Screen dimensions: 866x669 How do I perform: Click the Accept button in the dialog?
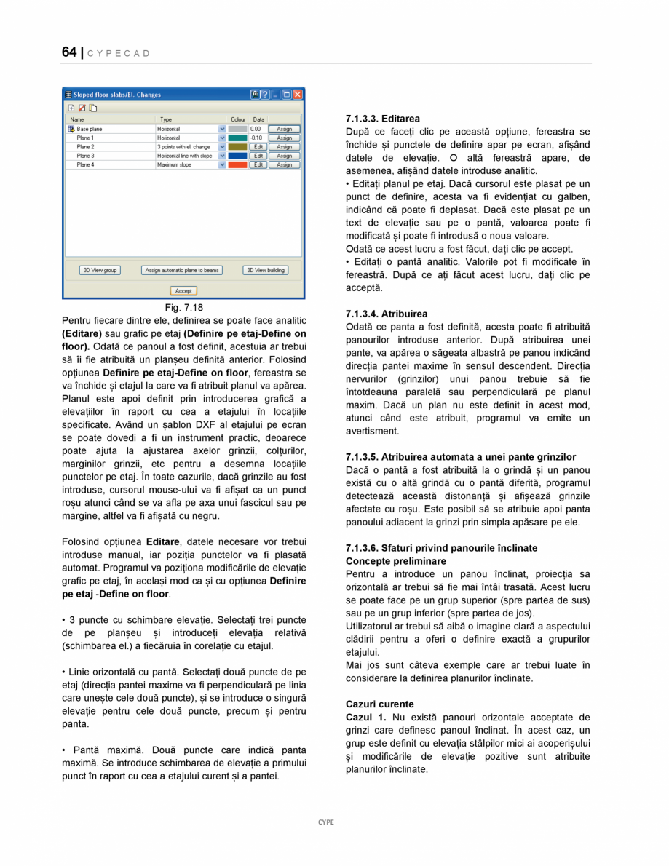(183, 291)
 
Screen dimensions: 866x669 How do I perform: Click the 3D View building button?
(265, 270)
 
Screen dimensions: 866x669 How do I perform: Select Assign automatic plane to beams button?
(181, 270)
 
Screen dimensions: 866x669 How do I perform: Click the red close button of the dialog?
(298, 95)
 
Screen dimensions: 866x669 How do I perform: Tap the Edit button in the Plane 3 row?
(258, 156)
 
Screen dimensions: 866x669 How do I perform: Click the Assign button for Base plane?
(284, 129)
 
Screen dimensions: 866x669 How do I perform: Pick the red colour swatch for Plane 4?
(237, 165)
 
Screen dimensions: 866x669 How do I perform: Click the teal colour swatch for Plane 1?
(237, 138)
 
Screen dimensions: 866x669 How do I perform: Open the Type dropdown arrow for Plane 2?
(222, 147)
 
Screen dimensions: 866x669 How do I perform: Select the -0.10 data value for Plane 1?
(256, 138)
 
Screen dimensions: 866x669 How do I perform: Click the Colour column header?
(238, 119)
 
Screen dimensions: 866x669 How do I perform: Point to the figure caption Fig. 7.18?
(183, 308)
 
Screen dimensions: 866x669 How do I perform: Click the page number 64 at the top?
(69, 52)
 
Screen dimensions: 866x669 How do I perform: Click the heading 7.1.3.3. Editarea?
(382, 118)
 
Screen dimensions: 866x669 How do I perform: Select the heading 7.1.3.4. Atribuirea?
(387, 314)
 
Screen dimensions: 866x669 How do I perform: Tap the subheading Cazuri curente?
(379, 704)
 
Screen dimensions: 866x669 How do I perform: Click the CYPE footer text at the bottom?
(326, 822)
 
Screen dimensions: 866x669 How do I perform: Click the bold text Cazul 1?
(365, 717)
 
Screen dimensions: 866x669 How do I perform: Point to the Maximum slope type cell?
(175, 165)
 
